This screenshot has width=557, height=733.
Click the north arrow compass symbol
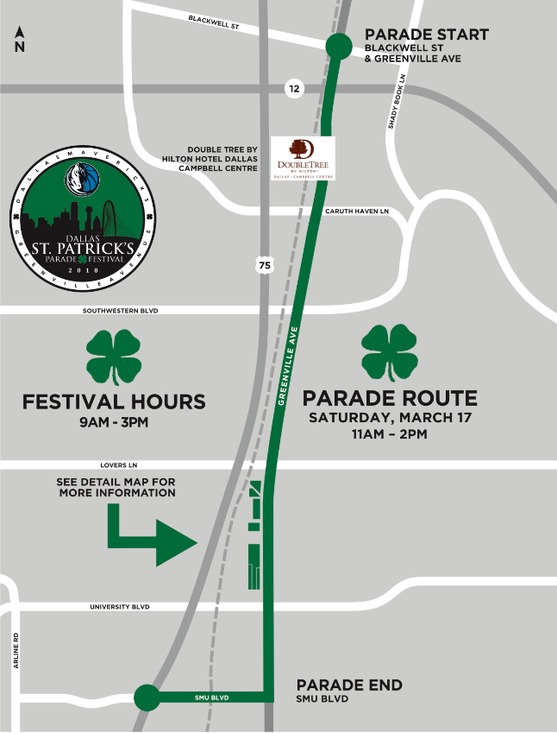[x=19, y=40]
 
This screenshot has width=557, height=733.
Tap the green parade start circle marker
[x=337, y=47]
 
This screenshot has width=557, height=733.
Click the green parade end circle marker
[x=147, y=696]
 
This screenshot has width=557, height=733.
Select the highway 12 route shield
[x=295, y=88]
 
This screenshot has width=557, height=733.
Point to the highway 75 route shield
[x=264, y=265]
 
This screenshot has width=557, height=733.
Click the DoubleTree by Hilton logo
[x=302, y=158]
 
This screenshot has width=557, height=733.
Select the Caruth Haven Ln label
[x=357, y=211]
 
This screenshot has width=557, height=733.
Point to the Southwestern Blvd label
[x=121, y=310]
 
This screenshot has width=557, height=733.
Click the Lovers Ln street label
[x=121, y=464]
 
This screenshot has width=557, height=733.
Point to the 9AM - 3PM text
[x=113, y=423]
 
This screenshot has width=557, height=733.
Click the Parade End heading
[x=349, y=685]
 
